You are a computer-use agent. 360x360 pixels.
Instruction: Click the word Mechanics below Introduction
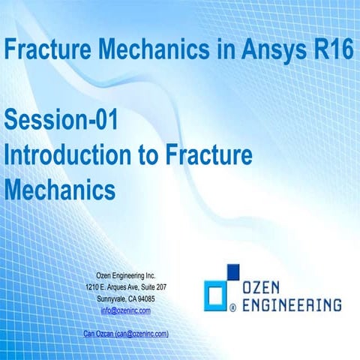[x=59, y=187]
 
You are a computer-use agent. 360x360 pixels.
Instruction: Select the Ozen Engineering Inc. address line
[x=126, y=276]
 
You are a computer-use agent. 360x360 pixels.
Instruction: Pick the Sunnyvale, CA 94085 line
[x=126, y=298]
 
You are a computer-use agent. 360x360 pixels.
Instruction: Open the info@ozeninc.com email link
[x=126, y=310]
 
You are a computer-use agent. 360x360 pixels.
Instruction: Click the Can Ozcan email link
[x=126, y=332]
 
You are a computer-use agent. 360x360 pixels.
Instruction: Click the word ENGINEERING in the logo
[x=292, y=304]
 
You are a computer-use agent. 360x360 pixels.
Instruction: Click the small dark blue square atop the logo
[x=234, y=271]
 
